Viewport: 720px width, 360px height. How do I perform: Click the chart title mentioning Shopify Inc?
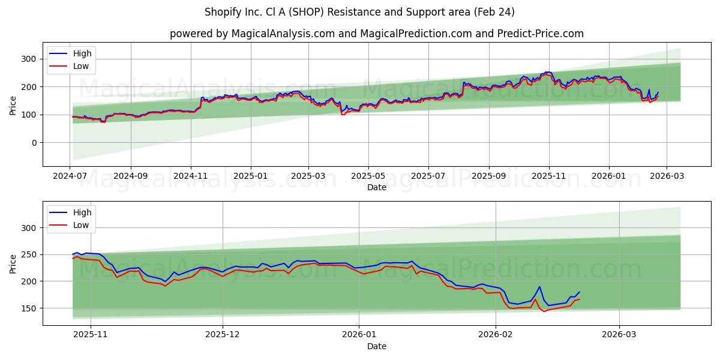[x=359, y=12]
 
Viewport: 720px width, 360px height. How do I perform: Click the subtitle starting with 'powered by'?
[x=376, y=34]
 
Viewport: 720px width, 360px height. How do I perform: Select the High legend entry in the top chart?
[x=82, y=54]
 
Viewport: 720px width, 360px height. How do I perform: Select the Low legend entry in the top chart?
[x=80, y=67]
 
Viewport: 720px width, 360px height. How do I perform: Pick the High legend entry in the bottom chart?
[x=82, y=212]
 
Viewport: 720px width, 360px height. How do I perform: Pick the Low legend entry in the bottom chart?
[x=80, y=225]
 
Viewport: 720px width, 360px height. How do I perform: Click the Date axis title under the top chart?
[x=376, y=188]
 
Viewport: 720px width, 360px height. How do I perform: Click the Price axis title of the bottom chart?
[x=13, y=263]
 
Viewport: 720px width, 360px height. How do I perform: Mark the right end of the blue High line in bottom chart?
[x=580, y=292]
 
